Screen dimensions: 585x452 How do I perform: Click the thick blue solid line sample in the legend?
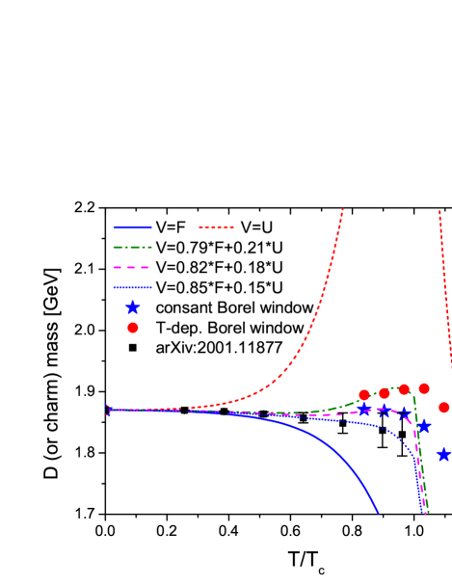coord(132,227)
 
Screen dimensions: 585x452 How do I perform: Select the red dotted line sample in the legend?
coord(216,227)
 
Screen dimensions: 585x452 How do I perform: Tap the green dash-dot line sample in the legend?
coord(132,247)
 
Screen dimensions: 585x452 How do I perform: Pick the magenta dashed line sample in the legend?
coord(132,267)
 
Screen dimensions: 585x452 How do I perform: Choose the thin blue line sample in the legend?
coord(132,287)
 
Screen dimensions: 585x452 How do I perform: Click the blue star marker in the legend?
coord(132,307)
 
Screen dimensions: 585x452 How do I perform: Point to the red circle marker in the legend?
coord(132,328)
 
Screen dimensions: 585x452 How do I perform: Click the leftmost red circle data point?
coord(363,395)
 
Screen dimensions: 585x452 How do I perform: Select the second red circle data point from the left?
coord(384,393)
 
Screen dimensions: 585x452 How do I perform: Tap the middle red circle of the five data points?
coord(404,389)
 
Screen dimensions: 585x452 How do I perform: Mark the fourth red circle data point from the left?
coord(424,388)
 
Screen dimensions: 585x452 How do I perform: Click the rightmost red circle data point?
coord(443,408)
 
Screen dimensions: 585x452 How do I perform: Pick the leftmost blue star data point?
coord(364,409)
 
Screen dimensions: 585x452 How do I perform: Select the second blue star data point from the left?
coord(384,411)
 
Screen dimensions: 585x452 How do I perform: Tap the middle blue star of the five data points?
coord(405,413)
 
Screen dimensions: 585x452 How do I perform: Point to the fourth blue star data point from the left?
coord(423,426)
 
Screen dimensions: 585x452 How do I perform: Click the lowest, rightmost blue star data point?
coord(443,454)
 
